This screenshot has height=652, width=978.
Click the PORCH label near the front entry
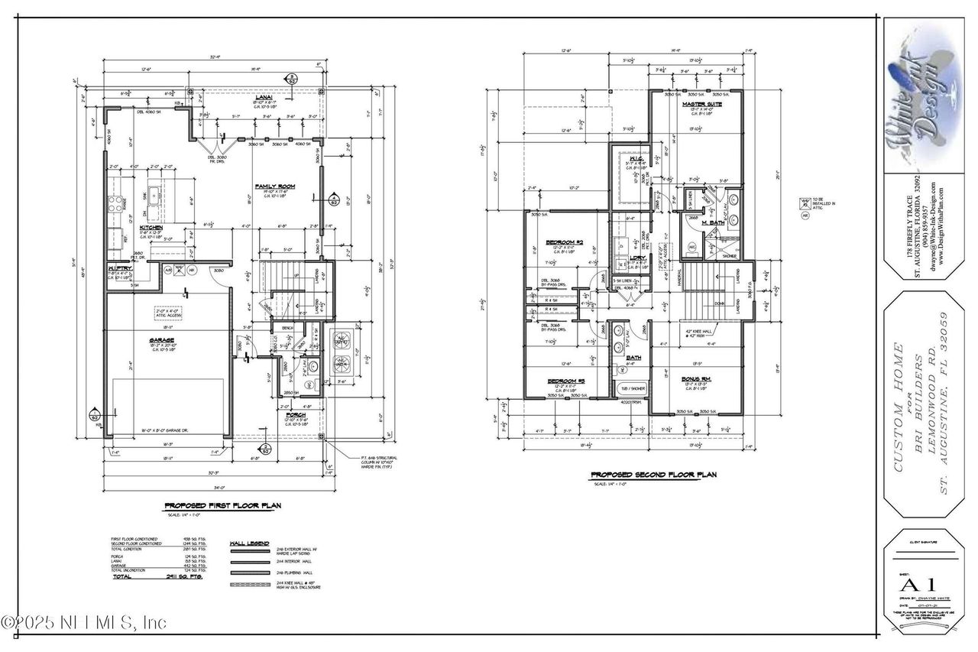(x=296, y=415)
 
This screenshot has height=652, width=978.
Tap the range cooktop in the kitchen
(x=119, y=203)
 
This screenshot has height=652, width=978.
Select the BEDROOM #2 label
(x=565, y=243)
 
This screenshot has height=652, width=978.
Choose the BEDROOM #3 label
(x=565, y=380)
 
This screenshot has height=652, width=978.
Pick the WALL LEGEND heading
(x=246, y=546)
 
